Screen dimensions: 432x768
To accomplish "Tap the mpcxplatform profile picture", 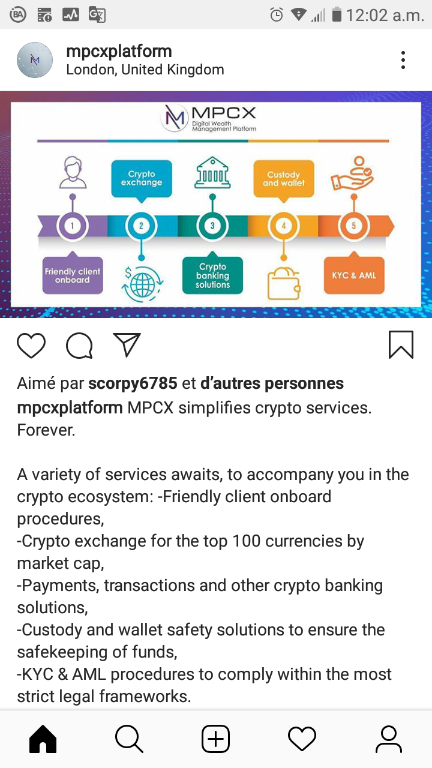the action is pyautogui.click(x=35, y=60).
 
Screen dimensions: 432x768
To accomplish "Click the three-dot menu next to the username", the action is pyautogui.click(x=403, y=60).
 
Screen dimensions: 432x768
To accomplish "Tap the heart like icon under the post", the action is pyautogui.click(x=31, y=345).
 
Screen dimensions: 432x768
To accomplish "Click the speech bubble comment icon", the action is pyautogui.click(x=79, y=346).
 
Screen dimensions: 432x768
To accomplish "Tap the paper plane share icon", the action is pyautogui.click(x=127, y=344).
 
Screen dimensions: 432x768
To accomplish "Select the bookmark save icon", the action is pyautogui.click(x=401, y=344).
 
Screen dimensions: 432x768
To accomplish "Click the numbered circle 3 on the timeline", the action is pyautogui.click(x=212, y=226).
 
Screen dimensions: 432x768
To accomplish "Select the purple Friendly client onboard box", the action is pyautogui.click(x=73, y=274).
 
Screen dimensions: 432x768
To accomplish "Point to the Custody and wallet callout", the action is pyautogui.click(x=284, y=181).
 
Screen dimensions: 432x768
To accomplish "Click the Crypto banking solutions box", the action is pyautogui.click(x=212, y=274).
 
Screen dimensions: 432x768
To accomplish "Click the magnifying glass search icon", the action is pyautogui.click(x=129, y=739).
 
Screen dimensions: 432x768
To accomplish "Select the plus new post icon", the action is pyautogui.click(x=215, y=739).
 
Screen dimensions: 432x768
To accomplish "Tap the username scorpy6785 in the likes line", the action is pyautogui.click(x=133, y=383).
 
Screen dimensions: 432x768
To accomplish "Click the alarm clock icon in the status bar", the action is pyautogui.click(x=277, y=15).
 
